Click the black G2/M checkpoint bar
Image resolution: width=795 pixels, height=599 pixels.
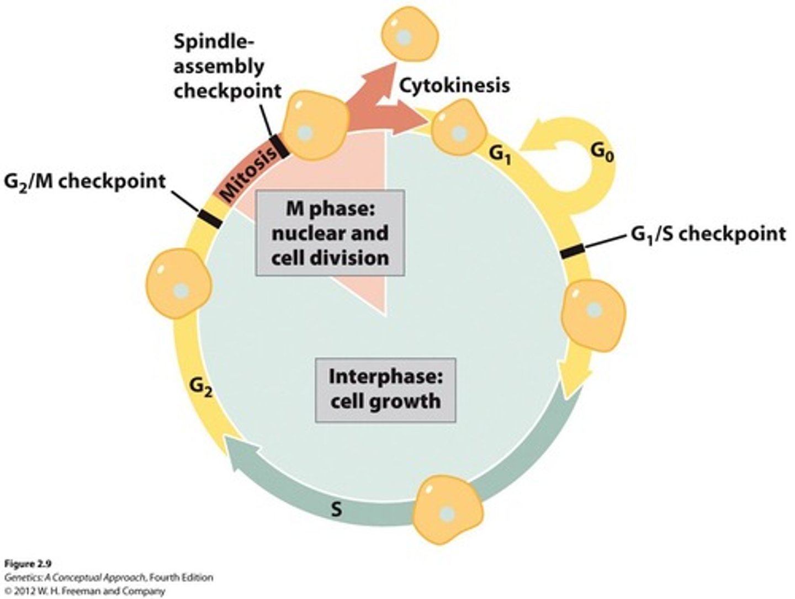coord(210,218)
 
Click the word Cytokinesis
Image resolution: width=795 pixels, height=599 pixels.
coord(454,86)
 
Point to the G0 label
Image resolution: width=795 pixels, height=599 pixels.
coord(602,153)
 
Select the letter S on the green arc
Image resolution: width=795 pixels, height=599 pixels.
coord(336,508)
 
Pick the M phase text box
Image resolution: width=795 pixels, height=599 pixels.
coord(330,233)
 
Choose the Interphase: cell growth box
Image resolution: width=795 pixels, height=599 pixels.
coord(385,389)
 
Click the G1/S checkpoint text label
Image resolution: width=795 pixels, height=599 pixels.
coord(708,234)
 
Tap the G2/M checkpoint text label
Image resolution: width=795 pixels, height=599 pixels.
coord(85,181)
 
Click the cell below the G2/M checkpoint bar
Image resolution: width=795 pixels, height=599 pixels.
coord(178,286)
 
